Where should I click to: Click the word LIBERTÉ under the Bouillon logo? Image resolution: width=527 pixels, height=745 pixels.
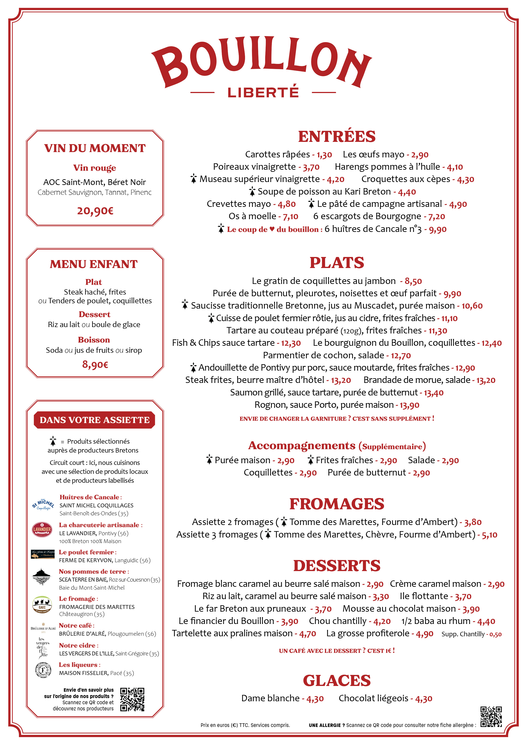(263, 92)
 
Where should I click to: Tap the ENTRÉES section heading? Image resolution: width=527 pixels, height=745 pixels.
(337, 136)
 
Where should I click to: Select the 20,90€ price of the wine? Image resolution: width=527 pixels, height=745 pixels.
(95, 211)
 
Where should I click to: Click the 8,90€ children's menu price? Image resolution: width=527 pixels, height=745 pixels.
(95, 364)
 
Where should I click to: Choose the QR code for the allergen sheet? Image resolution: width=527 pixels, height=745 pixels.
(491, 717)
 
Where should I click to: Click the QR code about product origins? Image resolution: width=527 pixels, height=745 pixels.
(132, 699)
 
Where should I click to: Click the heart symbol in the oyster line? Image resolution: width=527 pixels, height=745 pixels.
(272, 229)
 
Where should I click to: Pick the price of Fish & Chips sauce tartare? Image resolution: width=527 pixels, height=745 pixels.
(291, 343)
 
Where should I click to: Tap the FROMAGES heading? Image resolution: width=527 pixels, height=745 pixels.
(337, 504)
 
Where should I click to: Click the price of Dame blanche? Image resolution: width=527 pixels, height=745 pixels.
(315, 699)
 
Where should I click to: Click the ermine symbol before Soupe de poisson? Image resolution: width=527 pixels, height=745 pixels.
(252, 191)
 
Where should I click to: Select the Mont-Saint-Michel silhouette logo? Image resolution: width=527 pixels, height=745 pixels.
(42, 577)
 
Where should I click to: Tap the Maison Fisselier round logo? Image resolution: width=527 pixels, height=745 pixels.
(43, 670)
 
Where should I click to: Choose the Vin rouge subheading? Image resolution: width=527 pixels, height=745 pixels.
(95, 168)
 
